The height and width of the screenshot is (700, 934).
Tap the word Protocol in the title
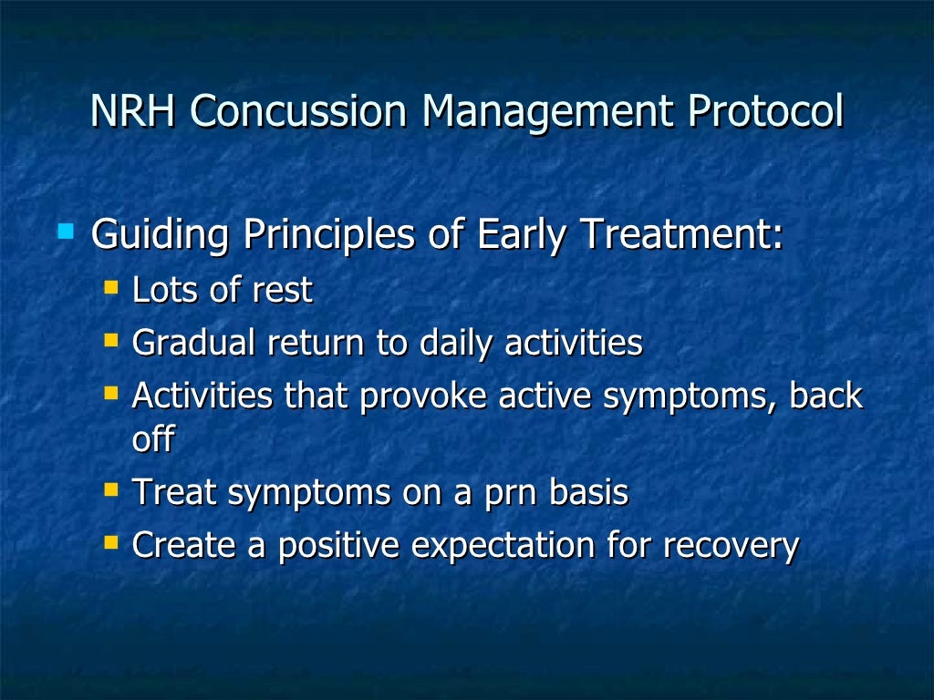765,112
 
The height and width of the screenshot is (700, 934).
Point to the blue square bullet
65,232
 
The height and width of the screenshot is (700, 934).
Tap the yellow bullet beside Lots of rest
111,288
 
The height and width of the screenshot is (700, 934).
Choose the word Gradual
194,344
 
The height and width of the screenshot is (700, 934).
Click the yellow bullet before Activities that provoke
111,394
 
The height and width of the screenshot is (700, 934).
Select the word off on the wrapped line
152,439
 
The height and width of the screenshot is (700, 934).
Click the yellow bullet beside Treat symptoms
111,490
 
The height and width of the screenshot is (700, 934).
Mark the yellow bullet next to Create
111,543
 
